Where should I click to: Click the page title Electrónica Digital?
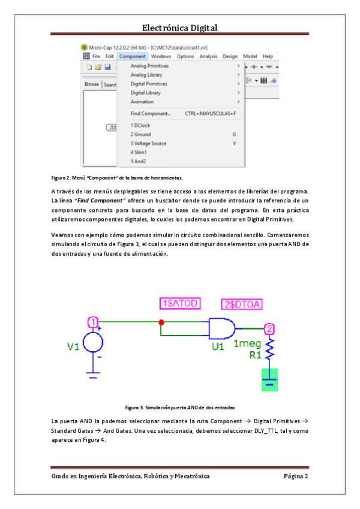[x=179, y=28]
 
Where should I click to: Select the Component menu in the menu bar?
[x=132, y=56]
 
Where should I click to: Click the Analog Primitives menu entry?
[x=149, y=66]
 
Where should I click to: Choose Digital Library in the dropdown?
[x=145, y=93]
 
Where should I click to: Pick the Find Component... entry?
[x=151, y=113]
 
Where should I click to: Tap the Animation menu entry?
[x=142, y=102]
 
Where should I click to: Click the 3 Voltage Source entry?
[x=148, y=143]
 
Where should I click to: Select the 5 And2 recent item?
[x=139, y=161]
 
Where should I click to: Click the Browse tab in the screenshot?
[x=92, y=85]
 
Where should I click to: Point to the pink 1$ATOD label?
[x=179, y=303]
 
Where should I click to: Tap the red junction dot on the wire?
[x=161, y=323]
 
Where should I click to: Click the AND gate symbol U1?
[x=221, y=329]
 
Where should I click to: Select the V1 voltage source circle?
[x=93, y=343]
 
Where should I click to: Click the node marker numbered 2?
[x=270, y=328]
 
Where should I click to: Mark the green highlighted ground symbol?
[x=269, y=379]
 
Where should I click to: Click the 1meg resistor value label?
[x=247, y=344]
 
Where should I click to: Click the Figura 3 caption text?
[x=179, y=407]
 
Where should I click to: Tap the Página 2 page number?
[x=295, y=476]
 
